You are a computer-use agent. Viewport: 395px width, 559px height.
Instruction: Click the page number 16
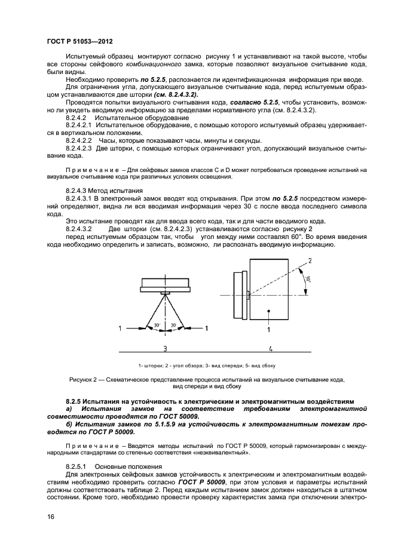pyautogui.click(x=50, y=517)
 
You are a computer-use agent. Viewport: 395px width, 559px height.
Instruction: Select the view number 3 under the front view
pyautogui.click(x=166, y=348)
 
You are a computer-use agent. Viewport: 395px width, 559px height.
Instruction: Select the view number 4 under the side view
pyautogui.click(x=270, y=348)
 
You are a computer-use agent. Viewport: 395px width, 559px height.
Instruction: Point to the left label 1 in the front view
pyautogui.click(x=121, y=328)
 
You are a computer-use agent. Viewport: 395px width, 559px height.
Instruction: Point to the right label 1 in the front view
pyautogui.click(x=207, y=328)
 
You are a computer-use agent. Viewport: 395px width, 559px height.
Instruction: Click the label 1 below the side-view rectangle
pyautogui.click(x=269, y=329)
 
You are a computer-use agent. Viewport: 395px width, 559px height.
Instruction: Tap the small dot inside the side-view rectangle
pyautogui.click(x=270, y=311)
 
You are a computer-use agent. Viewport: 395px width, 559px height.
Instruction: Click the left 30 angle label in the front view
pyautogui.click(x=156, y=325)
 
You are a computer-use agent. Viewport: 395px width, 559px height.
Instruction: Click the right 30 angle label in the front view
pyautogui.click(x=173, y=325)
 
